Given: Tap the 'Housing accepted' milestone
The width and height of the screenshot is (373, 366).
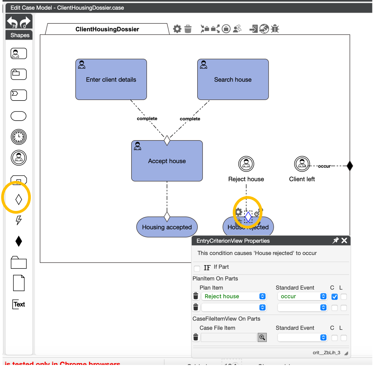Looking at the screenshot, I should click(167, 227).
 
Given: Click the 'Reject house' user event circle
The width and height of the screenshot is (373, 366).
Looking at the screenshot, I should click(246, 164).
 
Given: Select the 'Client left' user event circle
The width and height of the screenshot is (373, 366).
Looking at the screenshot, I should click(302, 164).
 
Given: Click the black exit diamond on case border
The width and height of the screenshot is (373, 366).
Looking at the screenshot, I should click(350, 166).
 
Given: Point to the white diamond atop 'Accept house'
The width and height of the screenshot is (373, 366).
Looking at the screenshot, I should click(167, 140).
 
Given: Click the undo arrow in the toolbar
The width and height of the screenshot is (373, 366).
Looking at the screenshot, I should click(12, 21).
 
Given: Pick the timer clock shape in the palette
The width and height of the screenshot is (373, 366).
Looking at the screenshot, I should click(19, 137).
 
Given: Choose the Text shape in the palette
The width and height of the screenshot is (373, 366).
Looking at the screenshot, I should click(19, 304).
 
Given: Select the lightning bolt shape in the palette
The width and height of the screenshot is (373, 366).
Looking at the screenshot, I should click(19, 220).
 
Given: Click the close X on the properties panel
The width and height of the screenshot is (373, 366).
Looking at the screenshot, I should click(344, 240).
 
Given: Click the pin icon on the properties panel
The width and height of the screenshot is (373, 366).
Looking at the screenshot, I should click(335, 240).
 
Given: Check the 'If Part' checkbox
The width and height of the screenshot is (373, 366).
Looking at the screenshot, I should click(197, 268).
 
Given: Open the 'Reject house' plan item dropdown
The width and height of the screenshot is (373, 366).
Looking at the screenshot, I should click(234, 296).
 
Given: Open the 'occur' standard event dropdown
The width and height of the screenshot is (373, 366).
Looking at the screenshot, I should click(302, 296).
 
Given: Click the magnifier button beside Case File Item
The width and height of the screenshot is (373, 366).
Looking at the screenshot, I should click(262, 337).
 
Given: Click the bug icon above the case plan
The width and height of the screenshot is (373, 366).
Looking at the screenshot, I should click(275, 29).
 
